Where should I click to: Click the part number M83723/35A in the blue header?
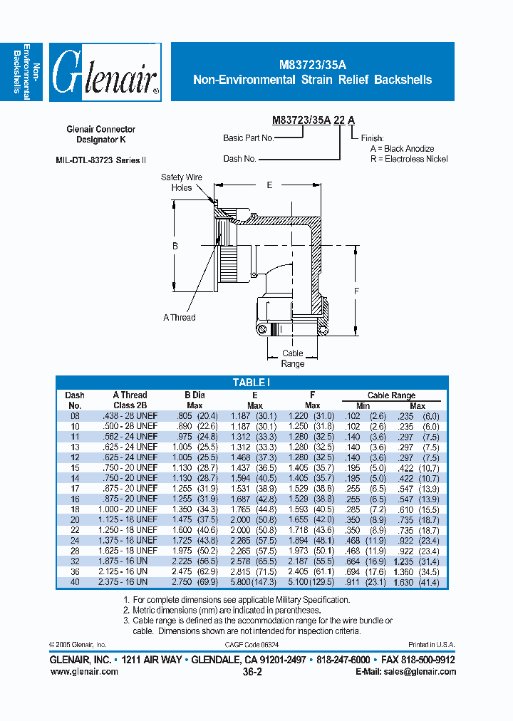[312, 64]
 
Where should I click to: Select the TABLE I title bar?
[251, 383]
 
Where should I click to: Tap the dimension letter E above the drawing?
[269, 185]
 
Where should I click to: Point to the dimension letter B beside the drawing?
[175, 246]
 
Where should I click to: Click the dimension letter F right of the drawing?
[357, 291]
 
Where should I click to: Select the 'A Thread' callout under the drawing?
[179, 317]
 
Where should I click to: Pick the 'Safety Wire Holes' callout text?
[182, 182]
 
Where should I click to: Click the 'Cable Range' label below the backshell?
[292, 358]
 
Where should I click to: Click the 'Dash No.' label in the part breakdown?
[239, 159]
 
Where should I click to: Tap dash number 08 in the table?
[74, 416]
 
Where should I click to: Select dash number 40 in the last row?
[74, 582]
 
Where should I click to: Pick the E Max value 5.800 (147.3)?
[254, 582]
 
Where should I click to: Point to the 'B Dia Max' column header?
[195, 400]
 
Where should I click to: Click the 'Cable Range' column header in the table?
[391, 395]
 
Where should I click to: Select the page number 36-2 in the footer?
[252, 671]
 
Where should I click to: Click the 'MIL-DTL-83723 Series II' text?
[100, 160]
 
